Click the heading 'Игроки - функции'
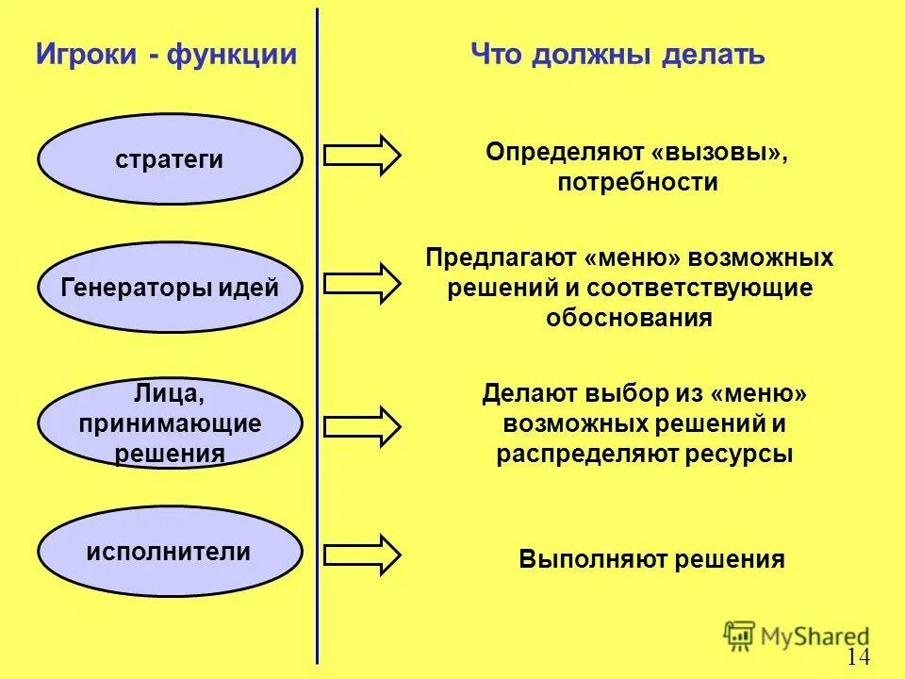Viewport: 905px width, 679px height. (166, 55)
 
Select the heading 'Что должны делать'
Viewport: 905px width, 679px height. (617, 55)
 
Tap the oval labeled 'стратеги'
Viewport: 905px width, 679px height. (170, 159)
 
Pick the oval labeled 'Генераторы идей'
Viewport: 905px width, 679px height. (170, 288)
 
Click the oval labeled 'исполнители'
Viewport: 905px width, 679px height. (170, 551)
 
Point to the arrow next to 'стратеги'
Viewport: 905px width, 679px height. (362, 155)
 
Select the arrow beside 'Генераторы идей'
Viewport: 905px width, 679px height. (362, 282)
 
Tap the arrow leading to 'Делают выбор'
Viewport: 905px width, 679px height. (362, 425)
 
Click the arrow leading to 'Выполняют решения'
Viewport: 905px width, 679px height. (362, 554)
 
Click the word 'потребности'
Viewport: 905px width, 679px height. (637, 183)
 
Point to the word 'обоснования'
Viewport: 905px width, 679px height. (629, 318)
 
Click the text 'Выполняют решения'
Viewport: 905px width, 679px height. (651, 559)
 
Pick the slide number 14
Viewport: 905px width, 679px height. (858, 657)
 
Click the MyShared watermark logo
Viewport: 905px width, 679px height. (797, 636)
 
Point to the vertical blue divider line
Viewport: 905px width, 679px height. (317, 377)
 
